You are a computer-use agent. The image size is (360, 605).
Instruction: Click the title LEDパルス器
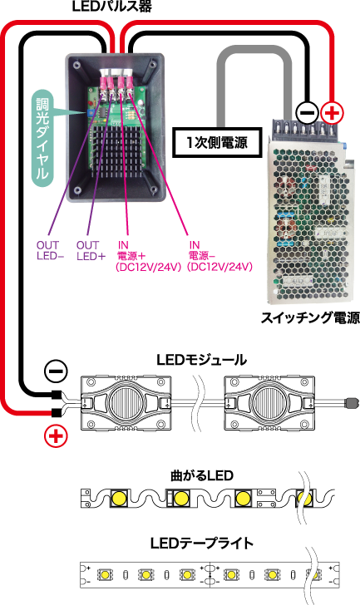[112, 6]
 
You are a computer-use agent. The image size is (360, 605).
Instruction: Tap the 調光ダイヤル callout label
[42, 139]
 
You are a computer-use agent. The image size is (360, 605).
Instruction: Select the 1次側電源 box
[217, 143]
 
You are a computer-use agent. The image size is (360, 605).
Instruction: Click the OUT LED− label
[50, 250]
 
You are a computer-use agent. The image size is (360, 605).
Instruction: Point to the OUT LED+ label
[91, 250]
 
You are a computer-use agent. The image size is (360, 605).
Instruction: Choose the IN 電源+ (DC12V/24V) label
[149, 256]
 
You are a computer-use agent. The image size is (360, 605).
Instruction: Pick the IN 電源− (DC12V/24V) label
[219, 256]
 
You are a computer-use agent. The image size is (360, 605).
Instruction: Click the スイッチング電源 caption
[310, 317]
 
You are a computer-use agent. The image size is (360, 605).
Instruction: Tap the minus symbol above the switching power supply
[307, 113]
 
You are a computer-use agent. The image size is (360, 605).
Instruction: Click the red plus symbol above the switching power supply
[332, 113]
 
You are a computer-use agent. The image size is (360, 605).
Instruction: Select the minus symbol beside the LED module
[57, 371]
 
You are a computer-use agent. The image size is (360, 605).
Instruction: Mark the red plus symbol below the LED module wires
[56, 437]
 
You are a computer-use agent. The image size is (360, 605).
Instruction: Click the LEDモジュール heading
[201, 360]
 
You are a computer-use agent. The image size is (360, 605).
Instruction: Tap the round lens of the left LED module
[125, 403]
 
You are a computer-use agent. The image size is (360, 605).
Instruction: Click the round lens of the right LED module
[269, 403]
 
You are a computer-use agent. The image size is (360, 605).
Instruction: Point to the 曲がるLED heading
[202, 475]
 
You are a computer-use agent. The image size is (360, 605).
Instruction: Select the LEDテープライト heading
[202, 544]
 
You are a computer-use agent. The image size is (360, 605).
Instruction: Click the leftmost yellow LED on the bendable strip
[120, 499]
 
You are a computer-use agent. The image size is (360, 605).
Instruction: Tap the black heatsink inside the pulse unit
[116, 151]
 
